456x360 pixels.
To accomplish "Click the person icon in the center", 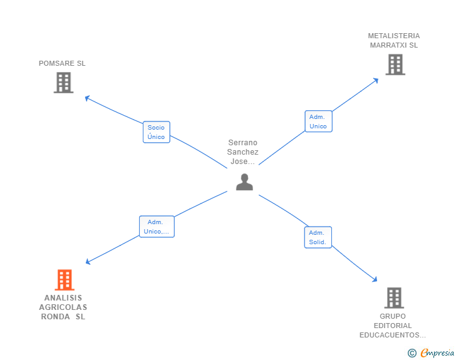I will click(244, 182).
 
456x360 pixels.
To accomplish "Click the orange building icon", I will click(65, 280).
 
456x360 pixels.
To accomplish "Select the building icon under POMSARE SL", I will click(63, 83).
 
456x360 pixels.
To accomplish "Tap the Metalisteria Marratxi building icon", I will click(395, 64).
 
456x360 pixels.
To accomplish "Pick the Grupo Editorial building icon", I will click(393, 298).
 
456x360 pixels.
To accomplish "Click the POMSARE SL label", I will click(62, 63).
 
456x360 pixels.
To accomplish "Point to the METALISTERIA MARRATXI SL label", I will click(394, 40).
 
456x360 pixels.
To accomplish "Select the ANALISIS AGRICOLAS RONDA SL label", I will click(63, 307).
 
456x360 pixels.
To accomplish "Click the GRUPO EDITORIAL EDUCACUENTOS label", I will click(393, 326).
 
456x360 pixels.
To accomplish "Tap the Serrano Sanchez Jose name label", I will click(243, 152).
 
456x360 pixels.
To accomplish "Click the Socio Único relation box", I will click(156, 132).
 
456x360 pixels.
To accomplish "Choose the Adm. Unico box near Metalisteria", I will click(318, 121).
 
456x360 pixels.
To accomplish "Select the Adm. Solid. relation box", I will click(318, 237).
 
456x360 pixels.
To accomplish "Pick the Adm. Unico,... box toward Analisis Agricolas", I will click(157, 227).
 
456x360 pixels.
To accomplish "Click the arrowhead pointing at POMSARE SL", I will click(87, 98).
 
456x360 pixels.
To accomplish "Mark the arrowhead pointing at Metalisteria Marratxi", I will click(376, 80).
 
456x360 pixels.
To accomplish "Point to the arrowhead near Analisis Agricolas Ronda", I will click(88, 262).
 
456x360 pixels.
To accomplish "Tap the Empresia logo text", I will click(437, 353).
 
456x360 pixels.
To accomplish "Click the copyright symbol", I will click(412, 353).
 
